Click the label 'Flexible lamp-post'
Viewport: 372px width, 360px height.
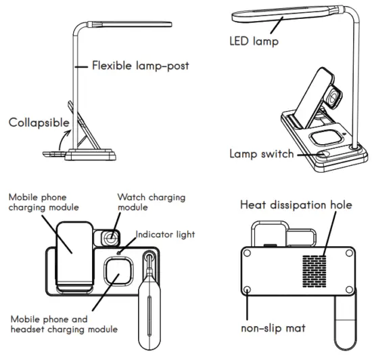(131, 66)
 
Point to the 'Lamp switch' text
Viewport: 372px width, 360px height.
(261, 154)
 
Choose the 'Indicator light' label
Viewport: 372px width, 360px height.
(166, 234)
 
